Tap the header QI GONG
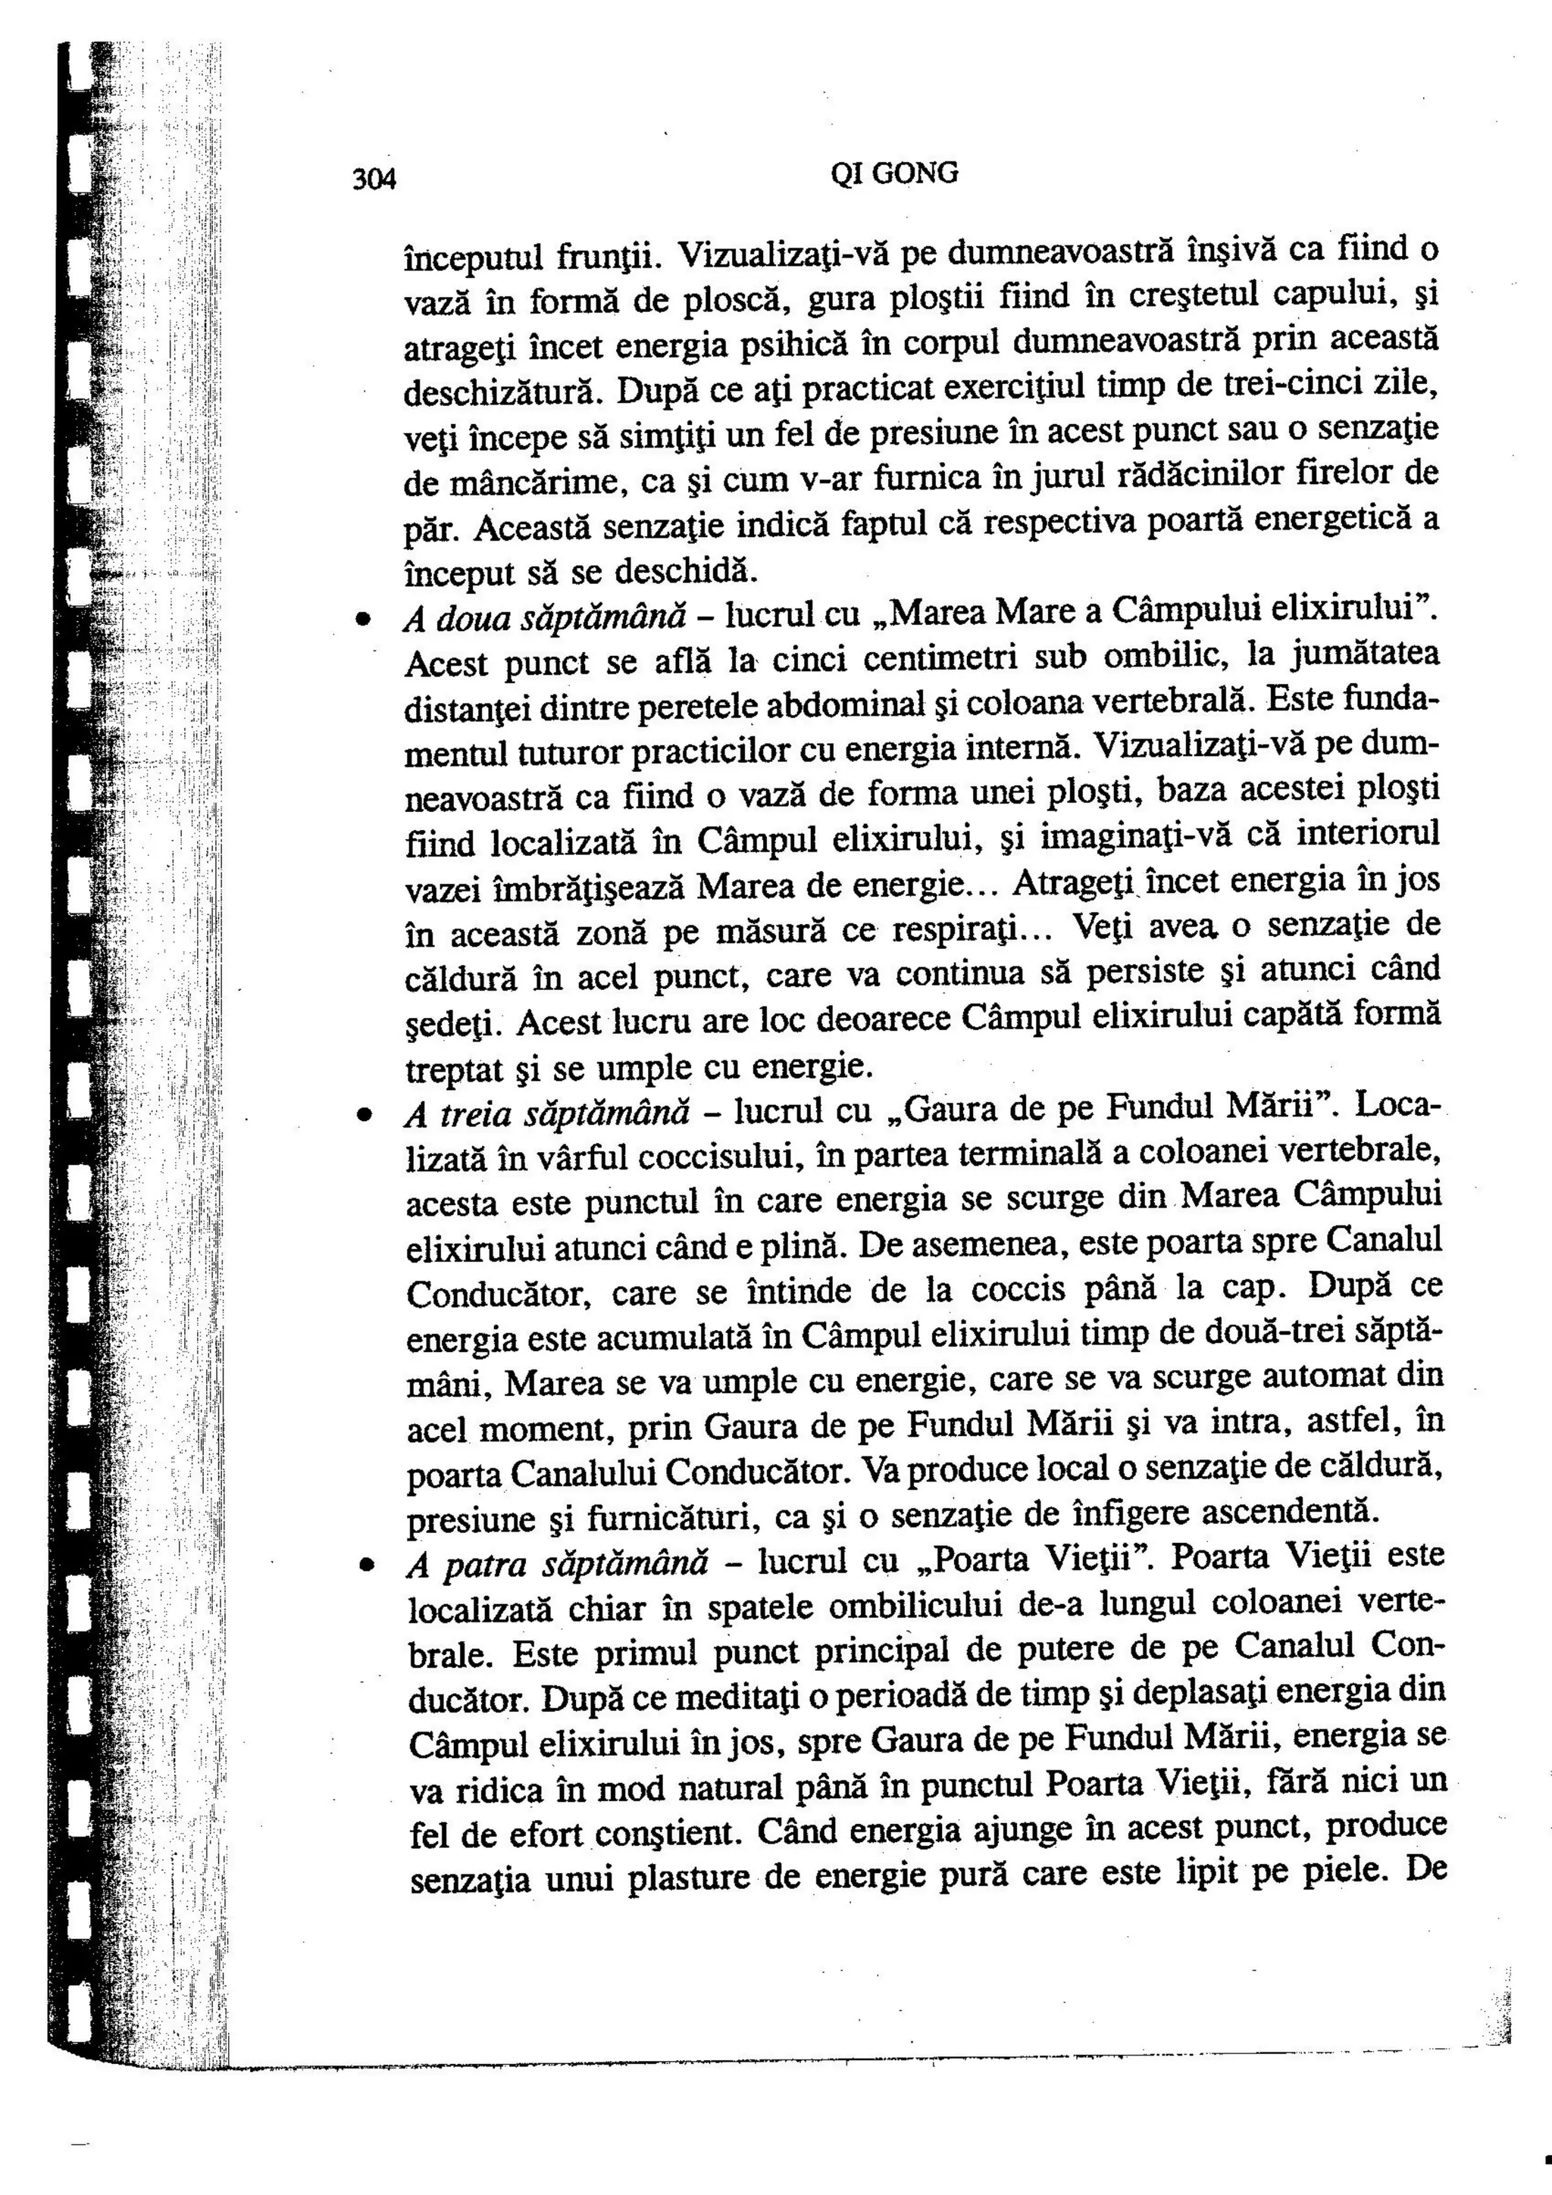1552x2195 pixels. coord(894,173)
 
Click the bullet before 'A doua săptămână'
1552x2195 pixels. coord(364,620)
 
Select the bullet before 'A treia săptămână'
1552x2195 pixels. coord(364,1115)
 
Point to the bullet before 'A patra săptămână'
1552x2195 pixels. coord(365,1566)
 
